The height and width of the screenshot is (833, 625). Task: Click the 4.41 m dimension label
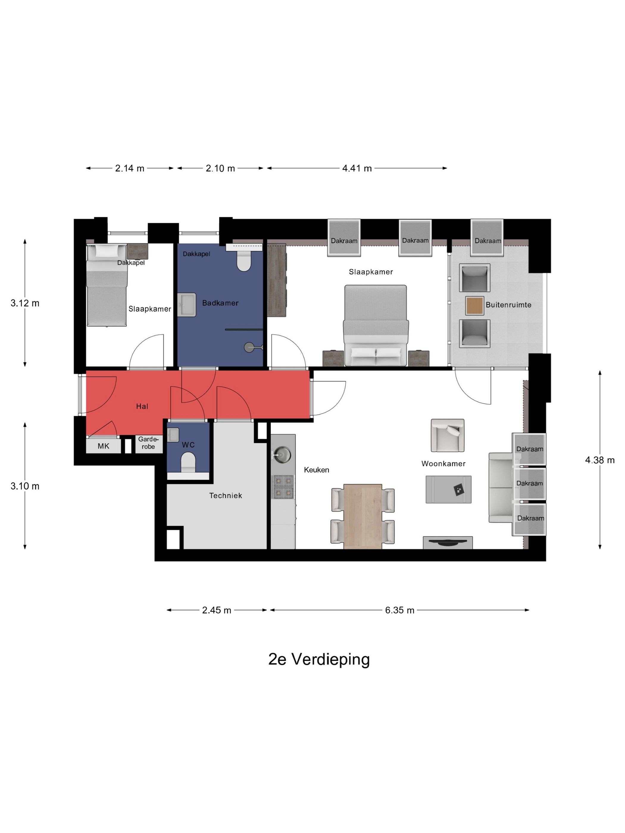point(357,168)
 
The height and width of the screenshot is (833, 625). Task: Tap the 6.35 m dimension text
point(399,610)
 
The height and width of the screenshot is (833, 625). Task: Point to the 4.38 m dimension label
point(600,460)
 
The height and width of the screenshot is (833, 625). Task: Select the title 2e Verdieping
point(319,659)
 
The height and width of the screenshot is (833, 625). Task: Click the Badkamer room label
point(221,303)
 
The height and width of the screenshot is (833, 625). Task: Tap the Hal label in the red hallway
point(142,406)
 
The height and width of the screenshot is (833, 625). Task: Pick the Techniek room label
point(226,496)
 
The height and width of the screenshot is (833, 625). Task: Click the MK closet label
point(103,446)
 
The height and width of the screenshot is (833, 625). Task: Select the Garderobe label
point(149,443)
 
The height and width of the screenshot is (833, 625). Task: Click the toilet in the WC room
point(188,462)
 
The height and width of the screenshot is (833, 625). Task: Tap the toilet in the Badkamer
point(244,261)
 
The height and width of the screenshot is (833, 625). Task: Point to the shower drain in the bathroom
point(249,347)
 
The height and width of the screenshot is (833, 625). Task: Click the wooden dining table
point(363,516)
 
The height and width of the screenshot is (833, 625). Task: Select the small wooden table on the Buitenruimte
point(475,306)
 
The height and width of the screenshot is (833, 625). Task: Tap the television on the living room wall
point(448,543)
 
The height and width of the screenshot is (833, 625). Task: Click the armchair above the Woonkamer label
point(448,435)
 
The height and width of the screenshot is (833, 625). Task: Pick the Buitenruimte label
point(509,305)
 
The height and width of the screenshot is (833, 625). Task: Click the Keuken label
point(316,470)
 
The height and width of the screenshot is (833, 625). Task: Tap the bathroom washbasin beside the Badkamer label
point(187,305)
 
